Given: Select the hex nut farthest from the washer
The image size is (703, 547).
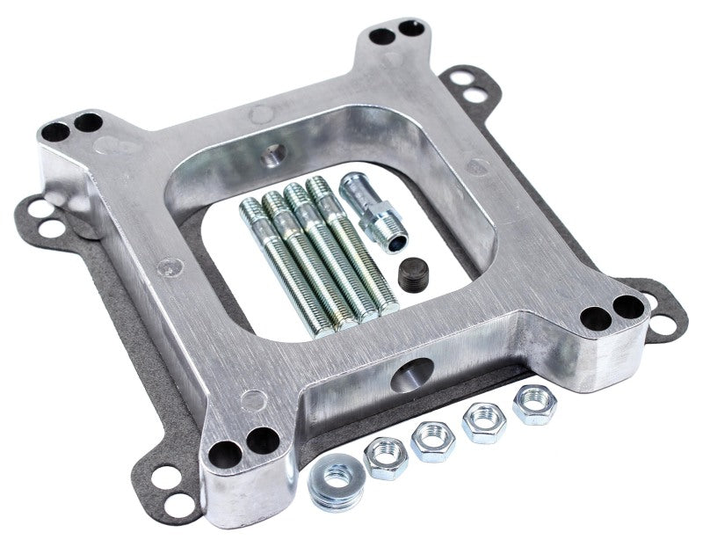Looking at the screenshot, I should pos(534,405).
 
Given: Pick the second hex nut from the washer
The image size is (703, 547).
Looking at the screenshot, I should pos(432,440).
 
